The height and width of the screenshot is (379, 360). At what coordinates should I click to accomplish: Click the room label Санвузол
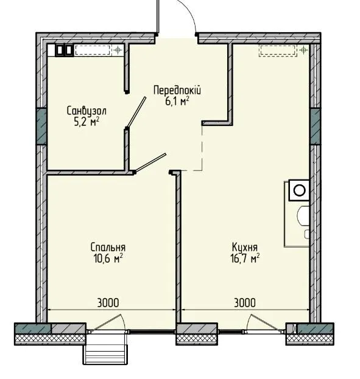point(86,111)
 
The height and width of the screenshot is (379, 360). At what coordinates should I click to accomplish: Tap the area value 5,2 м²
point(86,122)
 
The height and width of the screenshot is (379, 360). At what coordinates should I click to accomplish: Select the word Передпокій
point(177,91)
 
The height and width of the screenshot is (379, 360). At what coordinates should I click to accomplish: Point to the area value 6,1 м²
point(177,102)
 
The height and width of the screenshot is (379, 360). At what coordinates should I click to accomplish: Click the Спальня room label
point(108,247)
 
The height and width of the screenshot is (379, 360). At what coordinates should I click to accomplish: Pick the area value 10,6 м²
point(108,259)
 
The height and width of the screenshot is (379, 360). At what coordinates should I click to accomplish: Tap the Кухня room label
point(245,247)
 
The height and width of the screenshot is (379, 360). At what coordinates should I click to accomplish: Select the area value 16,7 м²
point(245,259)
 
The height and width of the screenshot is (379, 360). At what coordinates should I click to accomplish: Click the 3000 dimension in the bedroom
point(108,302)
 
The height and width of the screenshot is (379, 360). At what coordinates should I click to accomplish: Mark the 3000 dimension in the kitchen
point(245,302)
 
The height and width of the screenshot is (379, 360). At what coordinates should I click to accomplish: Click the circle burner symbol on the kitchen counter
point(300,190)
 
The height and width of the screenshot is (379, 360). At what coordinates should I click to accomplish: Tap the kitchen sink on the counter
point(303,216)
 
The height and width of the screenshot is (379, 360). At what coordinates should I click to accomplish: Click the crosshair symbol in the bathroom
point(118,50)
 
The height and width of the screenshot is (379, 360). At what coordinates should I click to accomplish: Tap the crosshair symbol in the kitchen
point(303,50)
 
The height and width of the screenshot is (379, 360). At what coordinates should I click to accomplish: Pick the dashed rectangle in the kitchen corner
point(278,50)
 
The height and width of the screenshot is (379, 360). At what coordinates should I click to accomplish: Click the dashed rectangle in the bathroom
point(93,50)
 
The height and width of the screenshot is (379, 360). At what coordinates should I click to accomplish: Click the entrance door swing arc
point(190,12)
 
